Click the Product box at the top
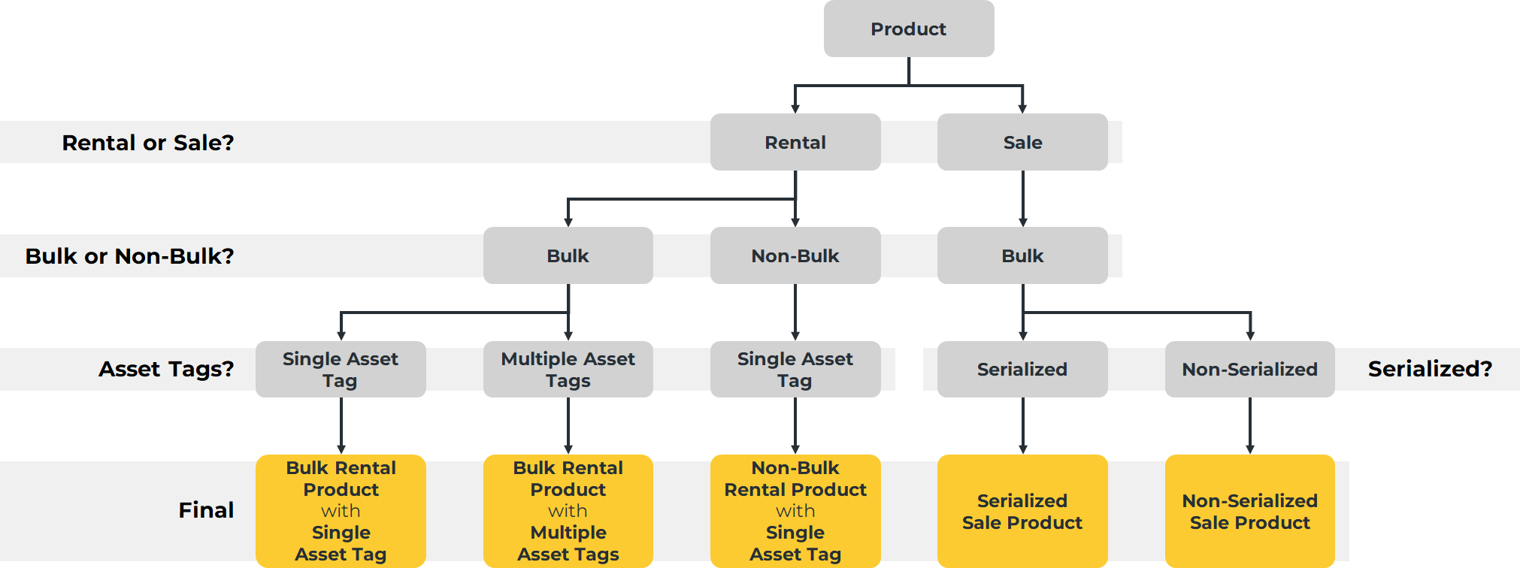point(908,29)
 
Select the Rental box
point(795,142)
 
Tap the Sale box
point(1022,142)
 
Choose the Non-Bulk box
point(795,255)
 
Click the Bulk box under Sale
point(1022,255)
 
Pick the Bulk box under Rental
point(568,255)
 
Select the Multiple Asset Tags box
point(568,369)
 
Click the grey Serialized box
point(1022,369)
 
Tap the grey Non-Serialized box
point(1249,369)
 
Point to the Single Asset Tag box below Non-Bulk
point(795,369)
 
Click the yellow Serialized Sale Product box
point(1022,511)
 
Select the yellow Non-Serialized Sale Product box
point(1249,511)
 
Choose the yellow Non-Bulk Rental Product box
point(795,511)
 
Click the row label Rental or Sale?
point(148,142)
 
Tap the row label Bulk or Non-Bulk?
point(129,255)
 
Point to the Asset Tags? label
point(166,369)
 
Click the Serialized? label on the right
point(1429,369)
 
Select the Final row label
point(206,510)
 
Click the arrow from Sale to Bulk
point(1022,198)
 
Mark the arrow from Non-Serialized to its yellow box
point(1249,425)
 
